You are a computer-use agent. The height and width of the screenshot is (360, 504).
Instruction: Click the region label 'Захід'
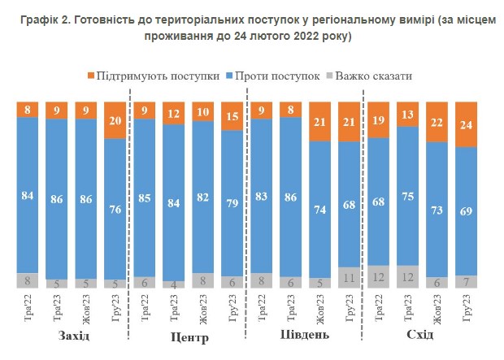(x=74, y=336)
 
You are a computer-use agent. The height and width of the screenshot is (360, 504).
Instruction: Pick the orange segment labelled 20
(x=115, y=120)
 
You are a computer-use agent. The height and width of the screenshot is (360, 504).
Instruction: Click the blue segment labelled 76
(x=115, y=209)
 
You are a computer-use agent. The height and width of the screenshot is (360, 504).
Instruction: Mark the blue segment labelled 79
(x=232, y=202)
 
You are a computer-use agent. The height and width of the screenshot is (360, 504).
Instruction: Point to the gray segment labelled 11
(x=349, y=277)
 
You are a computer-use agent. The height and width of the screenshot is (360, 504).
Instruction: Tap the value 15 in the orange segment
(x=232, y=116)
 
